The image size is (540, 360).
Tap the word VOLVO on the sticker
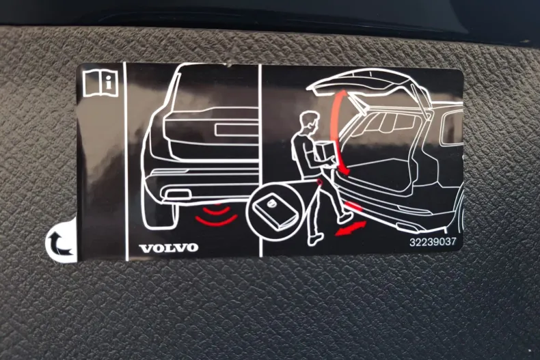click(x=169, y=247)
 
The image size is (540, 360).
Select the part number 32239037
click(x=432, y=241)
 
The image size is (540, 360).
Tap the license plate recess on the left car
click(x=236, y=130)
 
